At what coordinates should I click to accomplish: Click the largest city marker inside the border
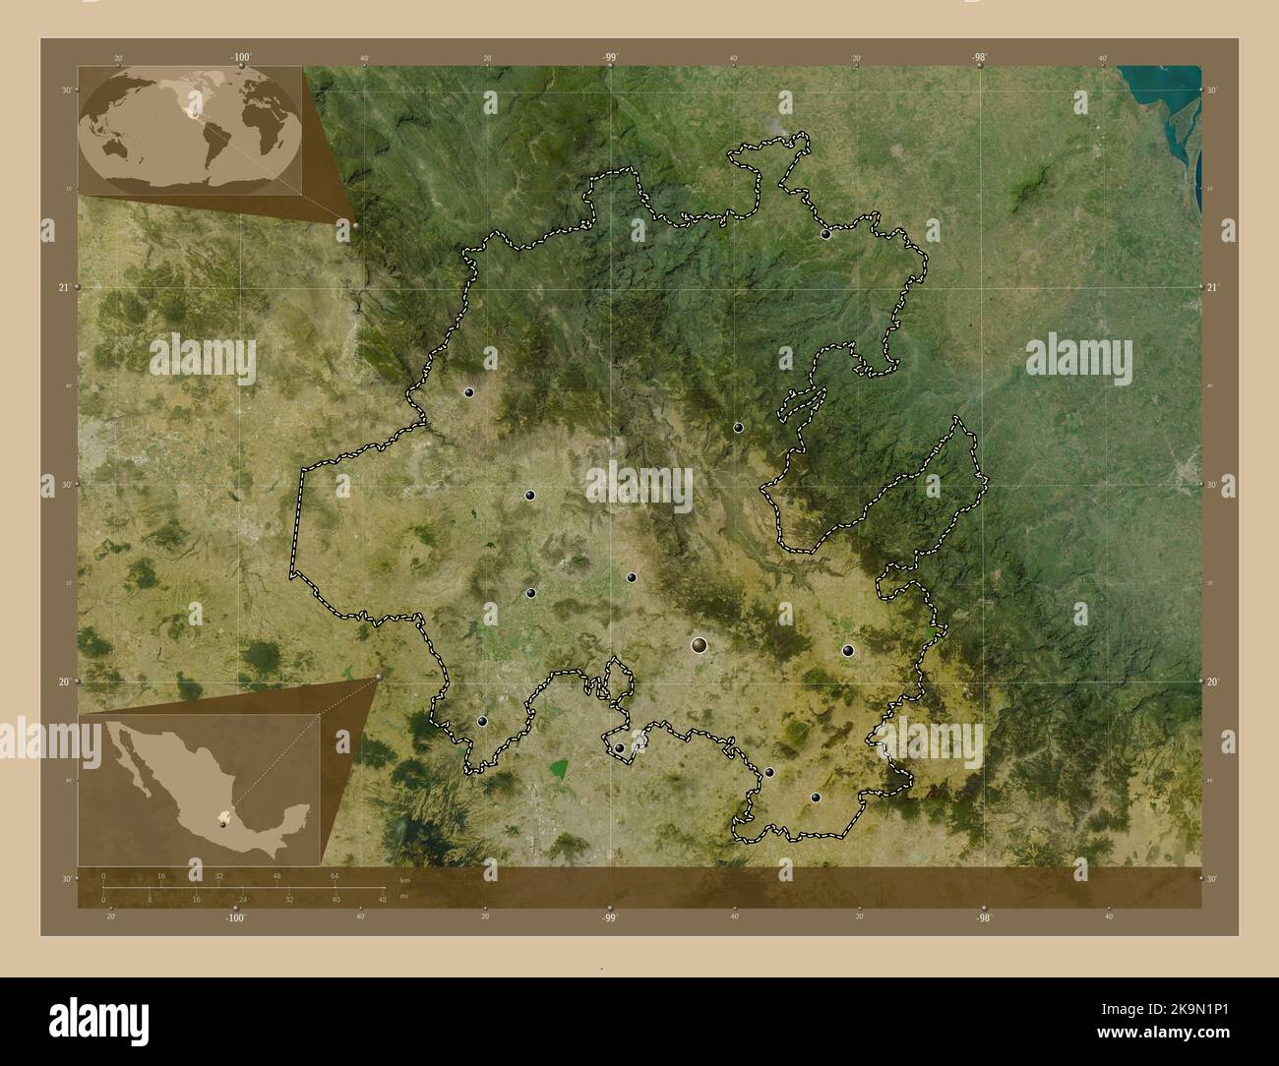tap(699, 645)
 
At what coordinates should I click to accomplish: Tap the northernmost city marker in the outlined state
tap(826, 234)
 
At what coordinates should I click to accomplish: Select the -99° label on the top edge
tap(610, 58)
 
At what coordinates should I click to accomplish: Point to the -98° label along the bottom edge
tap(982, 917)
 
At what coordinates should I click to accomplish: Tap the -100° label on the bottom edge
tap(234, 917)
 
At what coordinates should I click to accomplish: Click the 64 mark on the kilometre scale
tap(335, 875)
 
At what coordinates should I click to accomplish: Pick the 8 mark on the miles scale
tap(150, 899)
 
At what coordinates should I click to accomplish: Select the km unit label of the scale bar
tap(404, 878)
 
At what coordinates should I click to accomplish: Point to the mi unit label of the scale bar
tap(404, 897)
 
